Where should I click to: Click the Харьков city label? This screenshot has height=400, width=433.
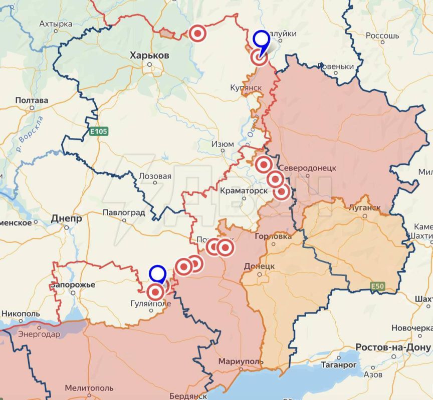click(x=149, y=55)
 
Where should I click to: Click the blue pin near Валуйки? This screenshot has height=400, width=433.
click(x=261, y=39)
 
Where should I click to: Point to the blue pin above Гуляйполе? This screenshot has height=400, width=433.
click(x=157, y=274)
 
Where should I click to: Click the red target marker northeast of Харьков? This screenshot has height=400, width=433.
click(x=198, y=33)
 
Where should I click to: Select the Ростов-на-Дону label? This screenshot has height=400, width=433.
click(x=393, y=347)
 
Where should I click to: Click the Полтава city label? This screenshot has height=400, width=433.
click(x=32, y=100)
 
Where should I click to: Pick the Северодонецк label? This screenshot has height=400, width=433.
click(x=307, y=168)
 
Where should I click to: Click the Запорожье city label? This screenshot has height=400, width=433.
click(x=73, y=284)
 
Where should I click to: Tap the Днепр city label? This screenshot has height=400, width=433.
click(x=66, y=218)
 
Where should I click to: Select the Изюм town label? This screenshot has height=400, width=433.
click(x=223, y=144)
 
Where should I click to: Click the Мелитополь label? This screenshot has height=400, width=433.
click(x=89, y=388)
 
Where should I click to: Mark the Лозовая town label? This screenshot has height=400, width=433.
click(x=155, y=176)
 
